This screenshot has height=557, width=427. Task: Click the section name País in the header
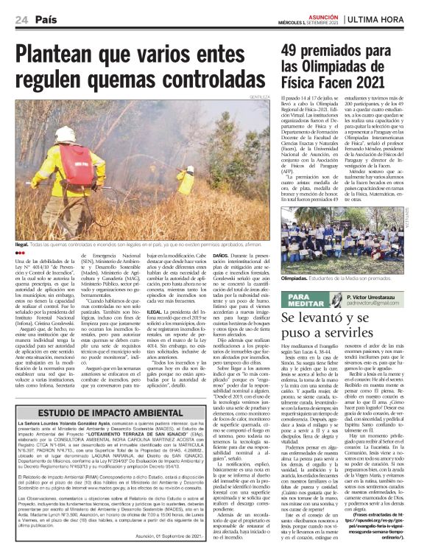click(x=46, y=18)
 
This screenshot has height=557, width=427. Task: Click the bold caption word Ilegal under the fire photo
click(x=21, y=242)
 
